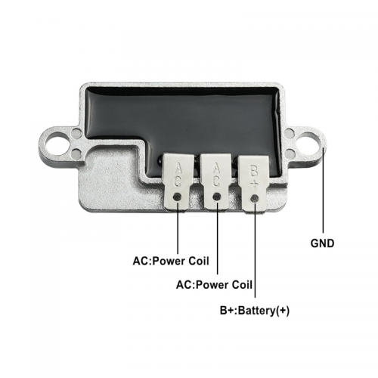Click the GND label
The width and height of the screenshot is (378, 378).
coord(322,243)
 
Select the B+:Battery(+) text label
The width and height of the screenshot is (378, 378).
coord(255,311)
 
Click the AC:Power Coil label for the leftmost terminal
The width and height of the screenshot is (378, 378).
coord(171,261)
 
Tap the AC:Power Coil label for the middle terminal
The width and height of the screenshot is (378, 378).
coord(214,285)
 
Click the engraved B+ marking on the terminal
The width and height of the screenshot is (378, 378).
coord(254,177)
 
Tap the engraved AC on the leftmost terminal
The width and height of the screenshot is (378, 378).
coord(178,175)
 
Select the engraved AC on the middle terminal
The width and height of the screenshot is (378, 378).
coord(216,175)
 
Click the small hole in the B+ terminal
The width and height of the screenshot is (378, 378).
coord(255,199)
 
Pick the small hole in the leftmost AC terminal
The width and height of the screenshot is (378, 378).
coord(178,197)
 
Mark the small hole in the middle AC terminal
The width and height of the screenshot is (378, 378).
coord(217,197)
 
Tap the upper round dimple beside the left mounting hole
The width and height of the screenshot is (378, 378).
coord(75,132)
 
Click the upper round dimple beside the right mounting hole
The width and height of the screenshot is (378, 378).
coord(289,132)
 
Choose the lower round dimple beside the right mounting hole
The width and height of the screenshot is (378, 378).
coord(291,152)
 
